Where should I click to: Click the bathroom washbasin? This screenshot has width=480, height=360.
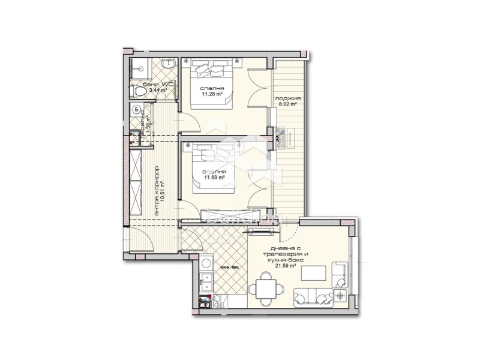[x=168, y=63]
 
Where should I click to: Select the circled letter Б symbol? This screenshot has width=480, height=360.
[x=137, y=109]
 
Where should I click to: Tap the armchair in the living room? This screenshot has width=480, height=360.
[x=340, y=274]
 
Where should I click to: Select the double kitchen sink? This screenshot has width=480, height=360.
[x=205, y=281]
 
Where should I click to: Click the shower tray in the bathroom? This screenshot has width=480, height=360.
[x=139, y=66]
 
